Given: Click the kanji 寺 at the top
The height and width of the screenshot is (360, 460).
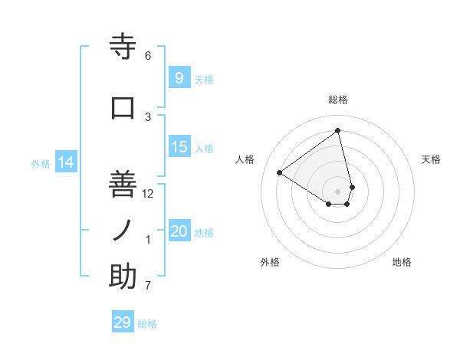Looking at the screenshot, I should (123, 47).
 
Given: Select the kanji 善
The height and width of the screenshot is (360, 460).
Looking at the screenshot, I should (123, 183).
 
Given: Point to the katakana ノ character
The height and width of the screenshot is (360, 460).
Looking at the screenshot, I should (123, 229).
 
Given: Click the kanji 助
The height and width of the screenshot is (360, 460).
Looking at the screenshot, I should (123, 277).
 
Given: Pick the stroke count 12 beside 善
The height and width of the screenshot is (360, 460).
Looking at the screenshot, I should (148, 194).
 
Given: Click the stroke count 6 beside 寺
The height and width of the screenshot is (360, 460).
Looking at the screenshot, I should (148, 56).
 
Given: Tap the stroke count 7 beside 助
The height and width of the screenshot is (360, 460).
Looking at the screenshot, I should (148, 286).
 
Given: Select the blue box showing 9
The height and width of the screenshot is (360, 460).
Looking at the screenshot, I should (179, 78).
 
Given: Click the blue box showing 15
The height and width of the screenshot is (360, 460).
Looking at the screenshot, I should (179, 147).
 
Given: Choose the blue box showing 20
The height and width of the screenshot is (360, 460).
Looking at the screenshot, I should (179, 231).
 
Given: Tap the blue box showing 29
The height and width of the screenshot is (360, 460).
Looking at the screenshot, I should (122, 322).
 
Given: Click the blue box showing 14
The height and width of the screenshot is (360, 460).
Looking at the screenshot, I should (66, 162).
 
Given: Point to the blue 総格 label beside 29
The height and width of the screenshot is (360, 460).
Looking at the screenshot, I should (147, 324).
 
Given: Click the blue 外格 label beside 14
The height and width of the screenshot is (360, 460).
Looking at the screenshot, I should (41, 163).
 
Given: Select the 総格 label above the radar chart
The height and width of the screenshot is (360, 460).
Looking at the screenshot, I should (338, 100).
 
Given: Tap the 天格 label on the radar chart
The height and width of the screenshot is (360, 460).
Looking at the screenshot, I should (431, 159).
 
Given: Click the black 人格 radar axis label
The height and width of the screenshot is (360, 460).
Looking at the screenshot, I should (245, 159).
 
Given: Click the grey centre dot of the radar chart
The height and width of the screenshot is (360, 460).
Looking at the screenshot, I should (338, 191).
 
